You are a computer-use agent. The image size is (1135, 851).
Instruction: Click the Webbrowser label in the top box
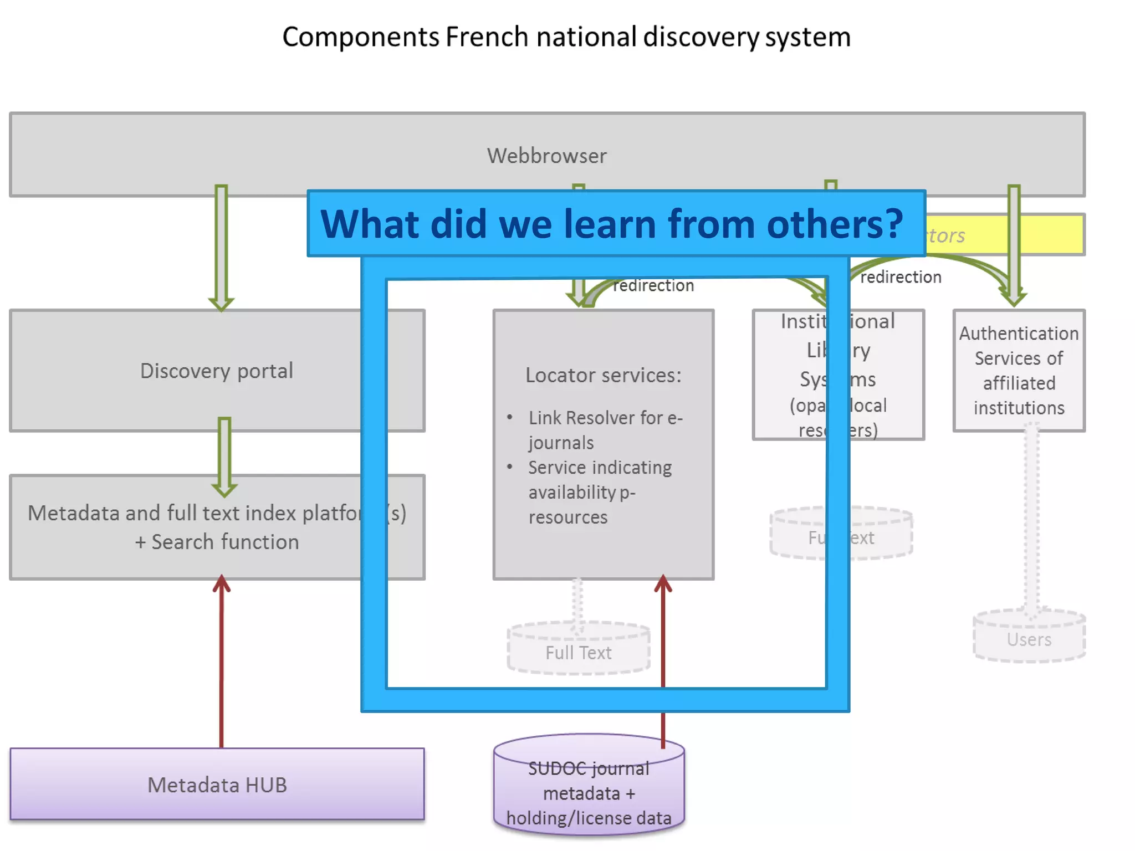click(x=546, y=156)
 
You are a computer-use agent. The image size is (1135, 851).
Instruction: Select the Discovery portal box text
click(x=216, y=371)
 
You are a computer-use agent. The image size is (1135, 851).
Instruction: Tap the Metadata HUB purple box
click(x=217, y=785)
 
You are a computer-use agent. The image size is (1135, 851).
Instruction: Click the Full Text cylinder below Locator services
click(x=578, y=652)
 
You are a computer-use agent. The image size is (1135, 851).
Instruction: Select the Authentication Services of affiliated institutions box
click(x=1019, y=370)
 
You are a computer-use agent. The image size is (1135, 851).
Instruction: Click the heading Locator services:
click(x=603, y=375)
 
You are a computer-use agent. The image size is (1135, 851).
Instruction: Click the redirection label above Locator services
click(x=653, y=285)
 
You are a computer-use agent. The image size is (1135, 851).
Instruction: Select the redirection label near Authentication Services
click(x=900, y=277)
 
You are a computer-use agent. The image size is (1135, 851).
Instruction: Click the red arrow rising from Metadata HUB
click(x=221, y=665)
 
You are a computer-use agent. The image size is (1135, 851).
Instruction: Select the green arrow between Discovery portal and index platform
click(x=224, y=455)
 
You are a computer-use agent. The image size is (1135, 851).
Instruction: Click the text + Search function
click(x=217, y=541)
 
